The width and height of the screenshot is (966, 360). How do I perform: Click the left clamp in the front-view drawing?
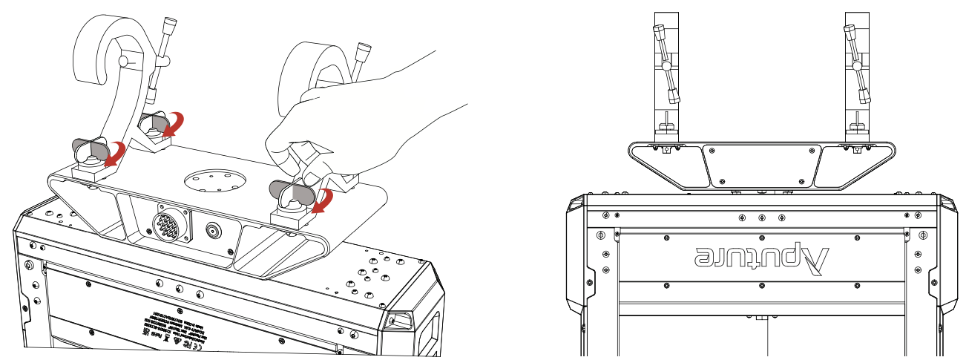tap(667, 78)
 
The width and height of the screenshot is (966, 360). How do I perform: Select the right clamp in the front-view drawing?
tap(857, 78)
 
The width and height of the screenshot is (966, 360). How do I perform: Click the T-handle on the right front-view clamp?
tap(855, 63)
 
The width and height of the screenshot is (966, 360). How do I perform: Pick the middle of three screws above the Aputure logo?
tap(761, 218)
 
